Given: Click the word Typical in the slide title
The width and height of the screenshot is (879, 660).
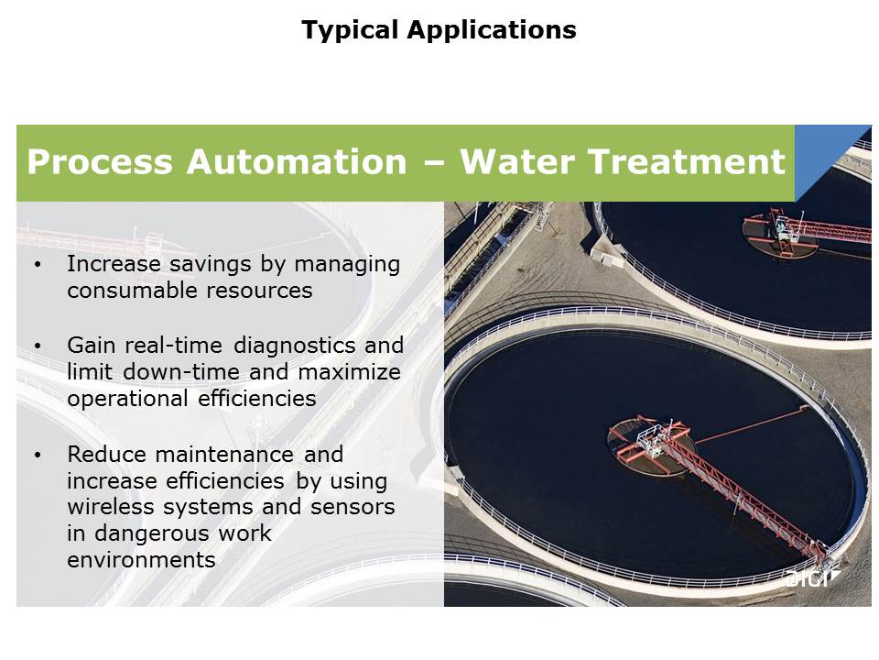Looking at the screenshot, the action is click(349, 30).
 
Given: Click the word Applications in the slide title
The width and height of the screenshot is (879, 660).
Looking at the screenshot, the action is click(492, 30).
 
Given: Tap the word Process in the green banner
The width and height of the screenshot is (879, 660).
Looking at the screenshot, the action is click(100, 161).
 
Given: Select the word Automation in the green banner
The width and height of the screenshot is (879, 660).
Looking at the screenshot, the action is click(297, 161).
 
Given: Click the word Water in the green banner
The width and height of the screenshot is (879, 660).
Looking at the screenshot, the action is click(517, 161).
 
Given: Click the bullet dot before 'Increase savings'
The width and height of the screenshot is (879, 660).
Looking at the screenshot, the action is click(38, 264).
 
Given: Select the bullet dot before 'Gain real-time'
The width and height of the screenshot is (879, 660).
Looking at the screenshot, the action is click(38, 346).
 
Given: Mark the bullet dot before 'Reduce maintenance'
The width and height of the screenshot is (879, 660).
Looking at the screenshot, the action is click(38, 455).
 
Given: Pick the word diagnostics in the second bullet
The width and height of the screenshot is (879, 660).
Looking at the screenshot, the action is click(294, 346).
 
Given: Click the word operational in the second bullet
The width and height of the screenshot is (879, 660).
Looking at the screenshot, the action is click(127, 399).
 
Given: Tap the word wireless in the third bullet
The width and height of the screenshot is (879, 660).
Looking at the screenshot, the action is click(111, 507).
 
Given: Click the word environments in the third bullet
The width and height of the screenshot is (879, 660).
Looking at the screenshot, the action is click(141, 560).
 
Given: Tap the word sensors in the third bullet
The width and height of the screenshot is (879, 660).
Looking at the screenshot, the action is click(353, 507).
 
